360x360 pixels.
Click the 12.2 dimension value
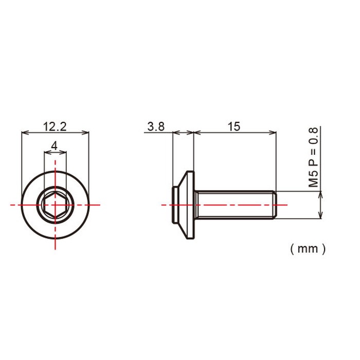(55, 127)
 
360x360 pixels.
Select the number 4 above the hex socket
(55, 146)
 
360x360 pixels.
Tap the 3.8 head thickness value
(156, 127)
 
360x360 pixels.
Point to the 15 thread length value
(234, 127)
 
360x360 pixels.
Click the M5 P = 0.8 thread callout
(313, 157)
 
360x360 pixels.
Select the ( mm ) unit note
(308, 249)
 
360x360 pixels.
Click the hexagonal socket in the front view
(55, 205)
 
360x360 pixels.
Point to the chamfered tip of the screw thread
(274, 205)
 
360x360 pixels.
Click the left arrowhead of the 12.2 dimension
(25, 133)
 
